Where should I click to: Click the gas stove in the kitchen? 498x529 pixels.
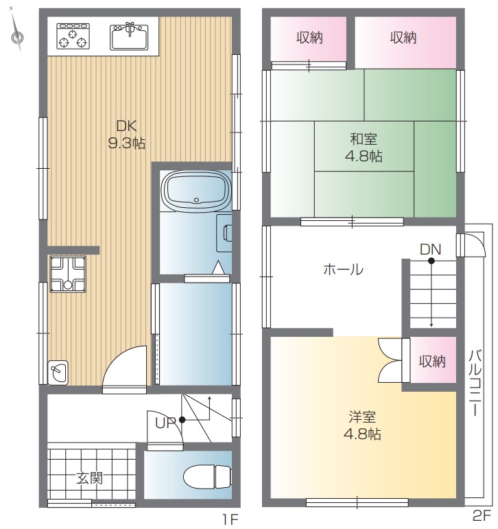[x=73, y=36]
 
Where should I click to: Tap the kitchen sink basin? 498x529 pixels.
[x=129, y=36]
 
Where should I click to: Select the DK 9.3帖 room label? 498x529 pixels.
[x=126, y=134]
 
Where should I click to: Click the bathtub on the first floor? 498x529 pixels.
[x=196, y=191]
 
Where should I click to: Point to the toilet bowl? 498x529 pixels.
[x=207, y=477]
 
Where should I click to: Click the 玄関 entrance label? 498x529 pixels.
[x=89, y=478]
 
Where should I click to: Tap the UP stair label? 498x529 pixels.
[x=165, y=423]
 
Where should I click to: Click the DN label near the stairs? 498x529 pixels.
[x=431, y=250]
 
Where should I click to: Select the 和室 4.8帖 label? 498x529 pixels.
[x=364, y=148]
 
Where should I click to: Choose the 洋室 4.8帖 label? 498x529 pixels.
[x=362, y=425]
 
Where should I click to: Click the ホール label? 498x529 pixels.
[x=344, y=270]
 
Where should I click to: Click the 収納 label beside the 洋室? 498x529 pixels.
[x=432, y=362]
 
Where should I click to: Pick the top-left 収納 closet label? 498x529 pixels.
[x=309, y=38]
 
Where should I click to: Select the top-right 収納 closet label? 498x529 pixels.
[x=403, y=38]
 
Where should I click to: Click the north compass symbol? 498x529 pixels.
[x=16, y=38]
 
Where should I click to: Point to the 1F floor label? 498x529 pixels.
[x=230, y=519]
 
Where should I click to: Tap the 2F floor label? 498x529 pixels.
[x=481, y=515]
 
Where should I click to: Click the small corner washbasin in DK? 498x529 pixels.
[x=58, y=373]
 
